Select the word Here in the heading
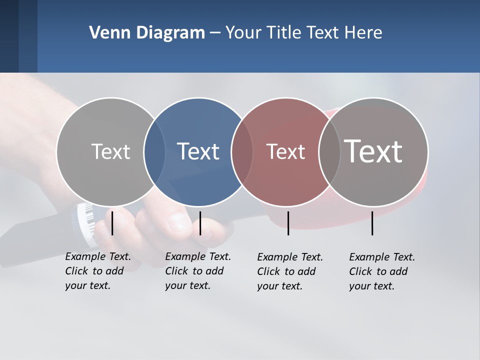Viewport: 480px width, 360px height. (364, 33)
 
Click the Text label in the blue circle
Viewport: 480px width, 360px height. (198, 151)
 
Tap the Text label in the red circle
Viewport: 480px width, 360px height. (285, 151)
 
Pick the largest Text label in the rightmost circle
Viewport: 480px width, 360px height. (373, 151)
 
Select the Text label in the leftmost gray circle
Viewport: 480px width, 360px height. (110, 151)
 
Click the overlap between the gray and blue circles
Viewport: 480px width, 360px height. (154, 151)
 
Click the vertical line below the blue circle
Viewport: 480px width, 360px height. (200, 223)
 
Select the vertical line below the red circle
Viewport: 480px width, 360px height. (288, 223)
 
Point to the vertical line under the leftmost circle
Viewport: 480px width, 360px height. (112, 223)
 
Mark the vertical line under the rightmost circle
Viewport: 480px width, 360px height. (372, 223)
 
